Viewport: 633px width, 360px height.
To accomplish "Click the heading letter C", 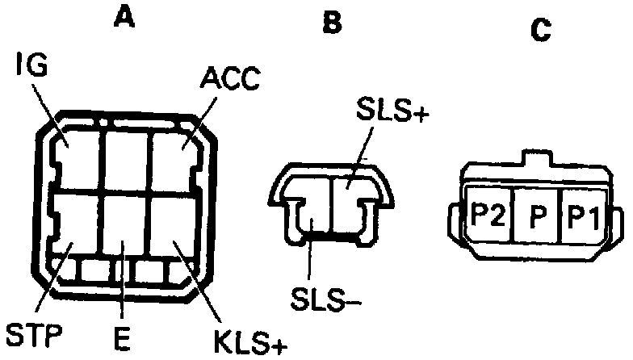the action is click(x=540, y=30).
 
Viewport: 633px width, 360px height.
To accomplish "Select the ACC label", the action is click(x=229, y=77).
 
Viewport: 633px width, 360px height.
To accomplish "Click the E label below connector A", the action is click(x=121, y=339).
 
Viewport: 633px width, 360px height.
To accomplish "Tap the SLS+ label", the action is click(x=391, y=115).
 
